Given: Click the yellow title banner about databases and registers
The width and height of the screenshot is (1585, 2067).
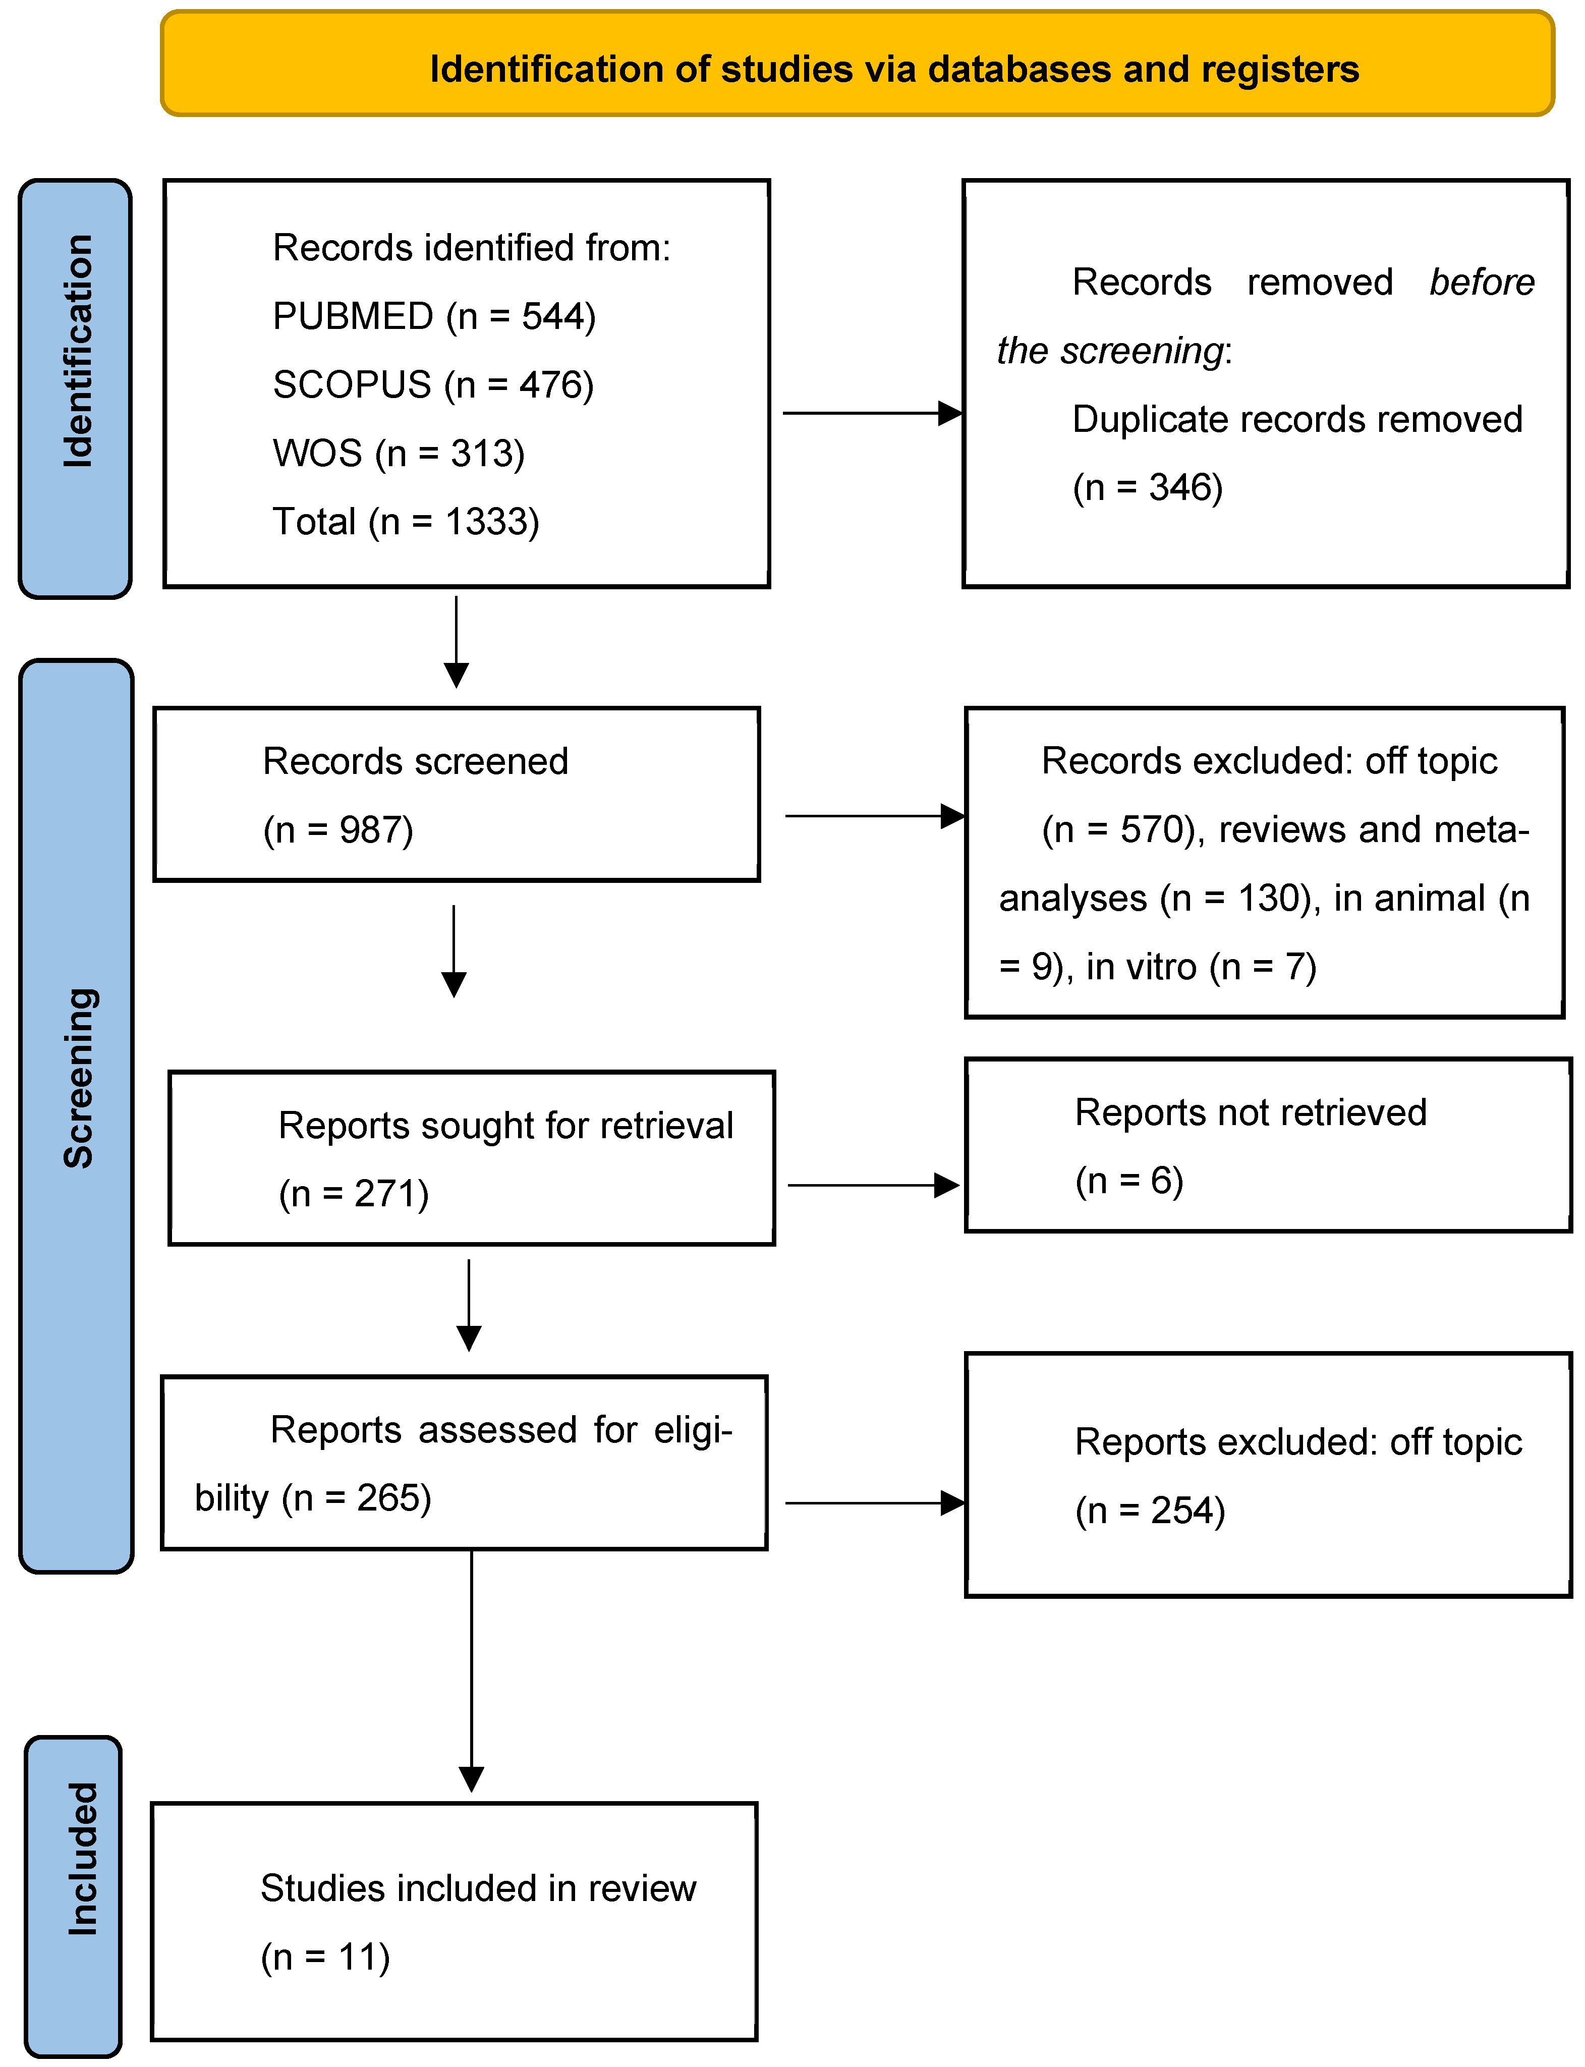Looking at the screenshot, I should tap(857, 64).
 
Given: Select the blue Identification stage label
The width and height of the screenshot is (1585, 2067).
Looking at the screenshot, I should tap(76, 388).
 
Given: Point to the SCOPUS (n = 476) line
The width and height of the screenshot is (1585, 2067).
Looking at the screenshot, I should tap(433, 385).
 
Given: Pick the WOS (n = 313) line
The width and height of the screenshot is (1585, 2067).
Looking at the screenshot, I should tap(398, 454).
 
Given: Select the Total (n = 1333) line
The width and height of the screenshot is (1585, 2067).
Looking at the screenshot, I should tap(406, 522).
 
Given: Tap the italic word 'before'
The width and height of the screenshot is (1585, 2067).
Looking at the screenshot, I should tap(1481, 282).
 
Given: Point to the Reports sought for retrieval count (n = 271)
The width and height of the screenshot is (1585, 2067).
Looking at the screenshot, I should tap(354, 1194).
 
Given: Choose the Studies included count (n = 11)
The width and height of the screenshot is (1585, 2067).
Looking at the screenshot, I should tap(325, 1958).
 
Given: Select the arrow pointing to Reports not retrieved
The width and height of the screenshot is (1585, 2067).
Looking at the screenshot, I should tap(873, 1185).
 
